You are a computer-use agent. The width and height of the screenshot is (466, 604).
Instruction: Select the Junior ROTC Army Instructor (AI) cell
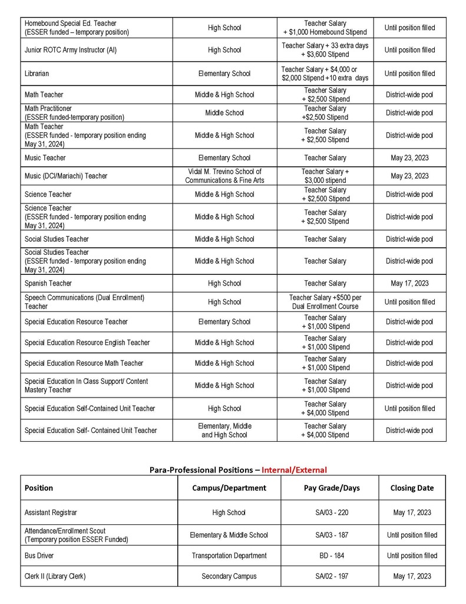[71, 50]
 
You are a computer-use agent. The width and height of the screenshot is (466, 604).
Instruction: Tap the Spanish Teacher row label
[48, 283]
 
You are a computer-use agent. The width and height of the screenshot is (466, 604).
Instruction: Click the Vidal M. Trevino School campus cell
[224, 176]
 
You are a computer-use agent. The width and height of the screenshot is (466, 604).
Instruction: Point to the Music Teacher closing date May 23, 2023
[409, 158]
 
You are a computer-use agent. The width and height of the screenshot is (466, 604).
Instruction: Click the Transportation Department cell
[229, 556]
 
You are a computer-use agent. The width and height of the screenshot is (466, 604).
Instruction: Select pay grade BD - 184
[331, 556]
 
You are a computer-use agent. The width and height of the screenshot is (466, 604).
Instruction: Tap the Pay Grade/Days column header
[331, 488]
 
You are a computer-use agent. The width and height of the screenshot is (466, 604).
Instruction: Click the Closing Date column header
[412, 488]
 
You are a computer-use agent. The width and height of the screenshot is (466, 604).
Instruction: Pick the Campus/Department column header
[229, 488]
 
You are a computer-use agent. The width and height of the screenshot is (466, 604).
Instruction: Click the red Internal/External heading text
[294, 470]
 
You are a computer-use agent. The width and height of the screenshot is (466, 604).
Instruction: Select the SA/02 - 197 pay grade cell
[331, 576]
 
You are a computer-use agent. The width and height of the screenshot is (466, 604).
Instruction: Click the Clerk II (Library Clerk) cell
[55, 576]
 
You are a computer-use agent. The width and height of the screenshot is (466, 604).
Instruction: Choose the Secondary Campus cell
[229, 576]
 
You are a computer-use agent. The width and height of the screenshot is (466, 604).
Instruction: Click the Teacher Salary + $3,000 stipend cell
[325, 176]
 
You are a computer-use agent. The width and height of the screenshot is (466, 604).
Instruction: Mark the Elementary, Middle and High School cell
[224, 431]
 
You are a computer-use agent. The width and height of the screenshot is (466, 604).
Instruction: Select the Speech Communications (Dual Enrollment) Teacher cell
[84, 302]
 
